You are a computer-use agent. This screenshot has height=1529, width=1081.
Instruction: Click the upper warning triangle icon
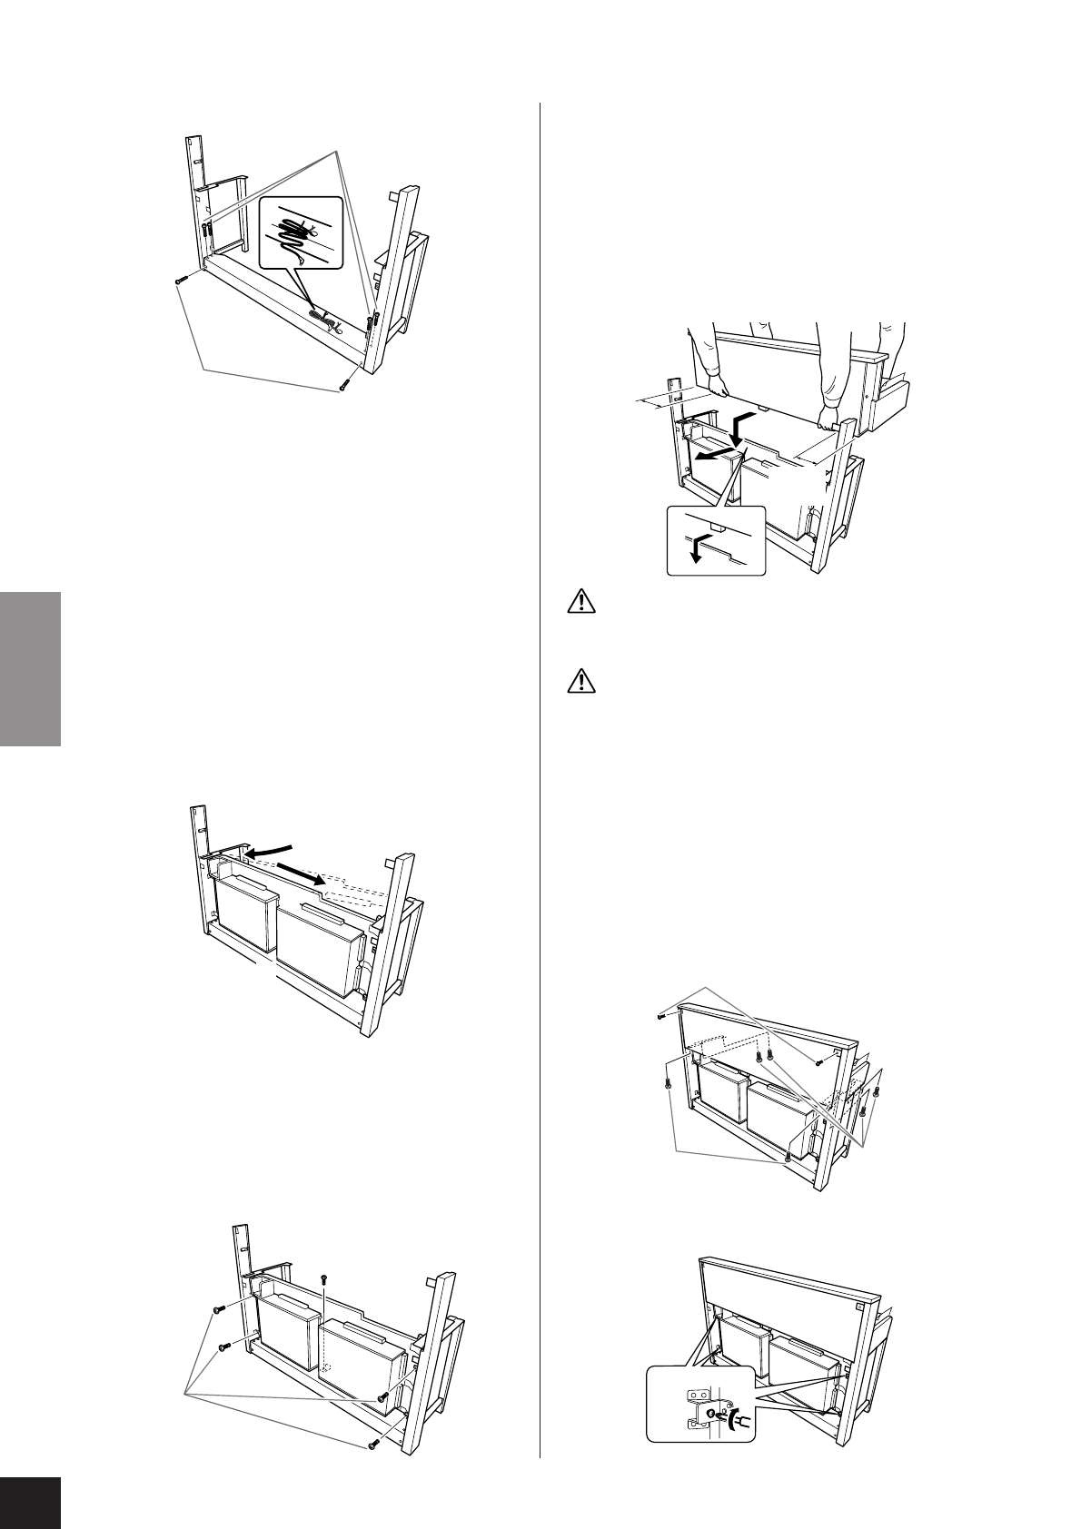point(581,601)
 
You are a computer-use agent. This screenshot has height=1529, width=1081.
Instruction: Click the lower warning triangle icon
point(581,680)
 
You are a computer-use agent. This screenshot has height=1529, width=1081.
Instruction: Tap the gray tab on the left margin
point(30,668)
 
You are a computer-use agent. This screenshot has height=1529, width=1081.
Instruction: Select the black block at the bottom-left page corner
point(30,1503)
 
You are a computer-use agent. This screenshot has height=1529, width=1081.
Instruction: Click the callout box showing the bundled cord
point(302,232)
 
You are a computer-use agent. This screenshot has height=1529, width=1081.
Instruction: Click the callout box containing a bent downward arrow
point(716,540)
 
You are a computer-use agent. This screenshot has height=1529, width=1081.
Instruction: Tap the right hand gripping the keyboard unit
point(828,419)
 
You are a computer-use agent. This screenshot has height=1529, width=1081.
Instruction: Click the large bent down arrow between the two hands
point(740,427)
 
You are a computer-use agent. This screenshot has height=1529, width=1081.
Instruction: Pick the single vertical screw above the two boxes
point(324,1278)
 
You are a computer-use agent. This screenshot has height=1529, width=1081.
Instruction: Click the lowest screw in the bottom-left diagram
point(373,1445)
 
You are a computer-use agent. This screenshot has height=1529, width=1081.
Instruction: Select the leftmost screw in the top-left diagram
point(180,281)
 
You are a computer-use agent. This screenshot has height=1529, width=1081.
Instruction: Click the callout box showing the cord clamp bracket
point(699,1402)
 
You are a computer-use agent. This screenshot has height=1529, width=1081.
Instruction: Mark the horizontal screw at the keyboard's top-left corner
point(662,1018)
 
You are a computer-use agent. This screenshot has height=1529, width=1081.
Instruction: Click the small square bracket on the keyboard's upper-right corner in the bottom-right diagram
point(858,1304)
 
